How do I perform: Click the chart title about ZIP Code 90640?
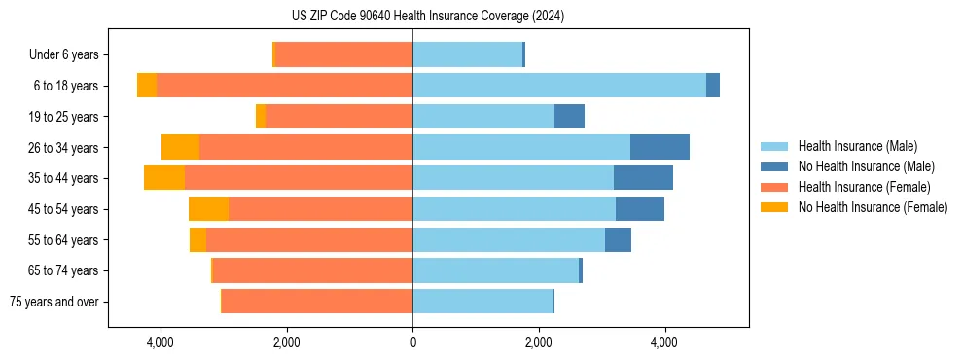click(x=427, y=16)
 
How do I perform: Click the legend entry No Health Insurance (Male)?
click(x=866, y=166)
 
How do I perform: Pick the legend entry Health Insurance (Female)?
click(x=863, y=187)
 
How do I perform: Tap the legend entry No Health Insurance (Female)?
click(x=872, y=207)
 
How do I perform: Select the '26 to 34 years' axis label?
click(x=63, y=147)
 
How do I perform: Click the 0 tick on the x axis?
click(x=412, y=342)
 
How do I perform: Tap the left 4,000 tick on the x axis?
click(x=160, y=342)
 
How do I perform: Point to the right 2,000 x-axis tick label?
click(x=539, y=342)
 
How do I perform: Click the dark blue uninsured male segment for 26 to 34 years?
click(x=660, y=147)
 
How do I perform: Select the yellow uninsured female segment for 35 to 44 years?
click(x=164, y=178)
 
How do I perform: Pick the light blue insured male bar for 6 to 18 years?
click(x=559, y=86)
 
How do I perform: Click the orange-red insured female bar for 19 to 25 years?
click(x=339, y=117)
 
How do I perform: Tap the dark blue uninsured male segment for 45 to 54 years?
click(x=640, y=209)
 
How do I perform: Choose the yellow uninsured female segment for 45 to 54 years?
click(x=208, y=209)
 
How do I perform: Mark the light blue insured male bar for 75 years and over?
click(x=482, y=302)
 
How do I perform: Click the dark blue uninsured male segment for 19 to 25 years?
click(x=569, y=117)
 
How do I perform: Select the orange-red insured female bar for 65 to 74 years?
click(x=312, y=270)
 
